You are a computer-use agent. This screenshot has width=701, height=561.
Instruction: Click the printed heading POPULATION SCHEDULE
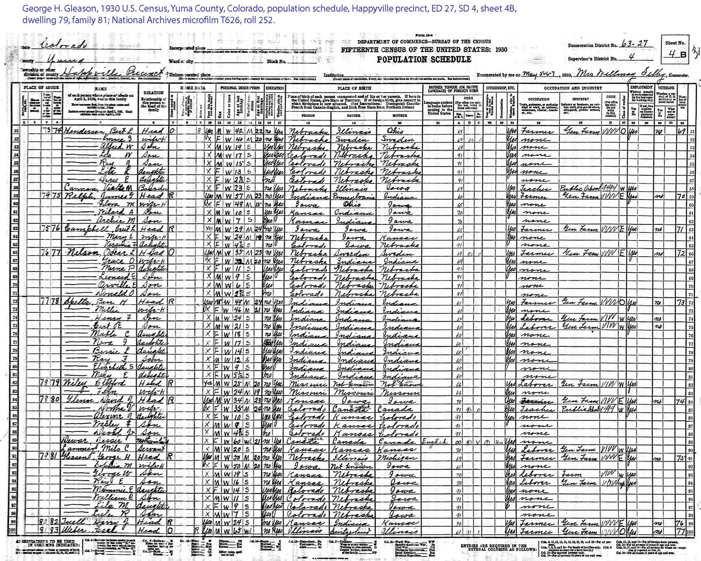pyautogui.click(x=424, y=59)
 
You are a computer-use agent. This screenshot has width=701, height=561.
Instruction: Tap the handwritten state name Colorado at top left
pyautogui.click(x=64, y=45)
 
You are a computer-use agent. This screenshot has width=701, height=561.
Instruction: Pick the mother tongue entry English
pyautogui.click(x=435, y=441)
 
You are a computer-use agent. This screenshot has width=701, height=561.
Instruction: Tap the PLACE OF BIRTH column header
pyautogui.click(x=354, y=88)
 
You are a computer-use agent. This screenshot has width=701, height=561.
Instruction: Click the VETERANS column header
pyautogui.click(x=666, y=87)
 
